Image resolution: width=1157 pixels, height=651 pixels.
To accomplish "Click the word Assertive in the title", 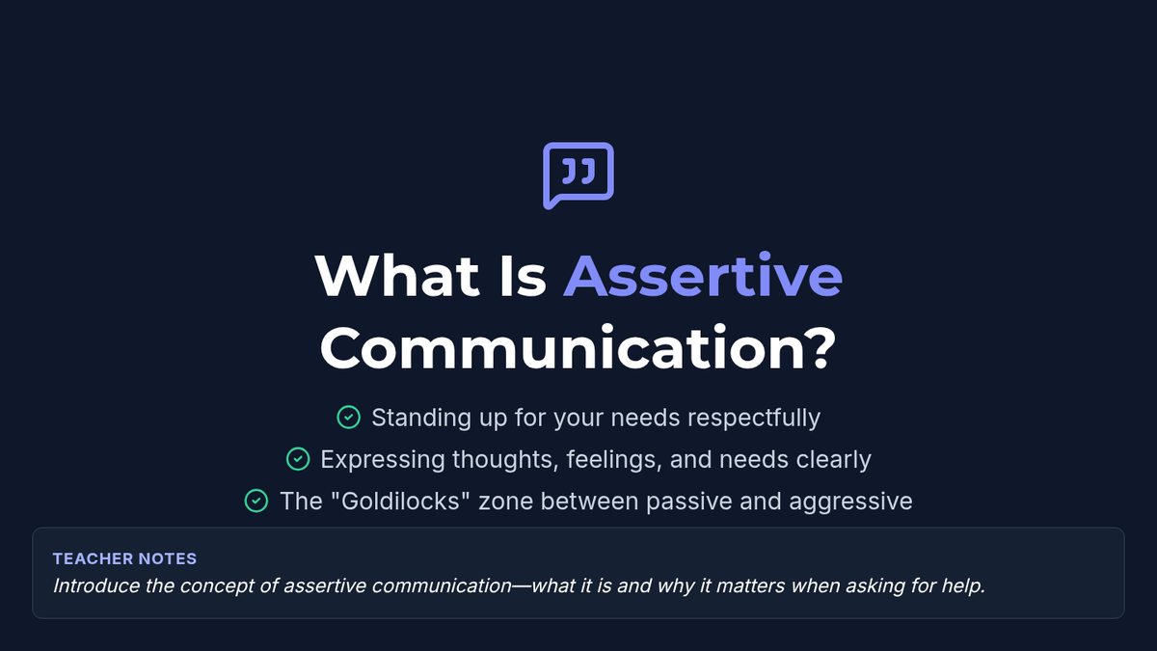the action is click(x=703, y=276).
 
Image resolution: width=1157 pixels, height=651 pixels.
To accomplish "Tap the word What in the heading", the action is click(x=396, y=276).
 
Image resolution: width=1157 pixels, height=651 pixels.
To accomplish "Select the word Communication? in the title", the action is click(x=578, y=348).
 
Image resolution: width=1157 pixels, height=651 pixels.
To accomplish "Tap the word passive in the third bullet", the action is click(x=688, y=502).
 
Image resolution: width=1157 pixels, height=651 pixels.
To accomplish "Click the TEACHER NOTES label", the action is click(x=124, y=558).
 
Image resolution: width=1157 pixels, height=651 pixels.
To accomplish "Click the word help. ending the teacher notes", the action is click(x=964, y=586).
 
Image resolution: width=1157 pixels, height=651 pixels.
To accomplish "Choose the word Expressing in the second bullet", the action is click(x=382, y=460).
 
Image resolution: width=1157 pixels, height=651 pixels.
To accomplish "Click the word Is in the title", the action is click(x=523, y=276).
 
